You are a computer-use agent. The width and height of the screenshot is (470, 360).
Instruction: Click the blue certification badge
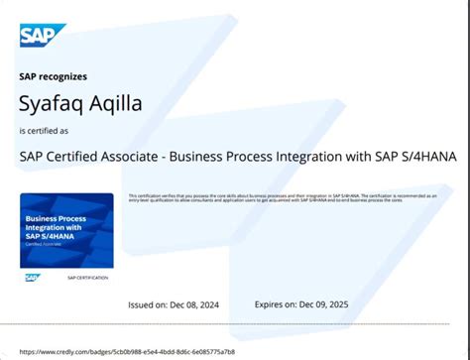[x=66, y=229]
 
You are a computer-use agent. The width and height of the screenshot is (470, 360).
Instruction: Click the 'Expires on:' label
[x=280, y=304]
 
